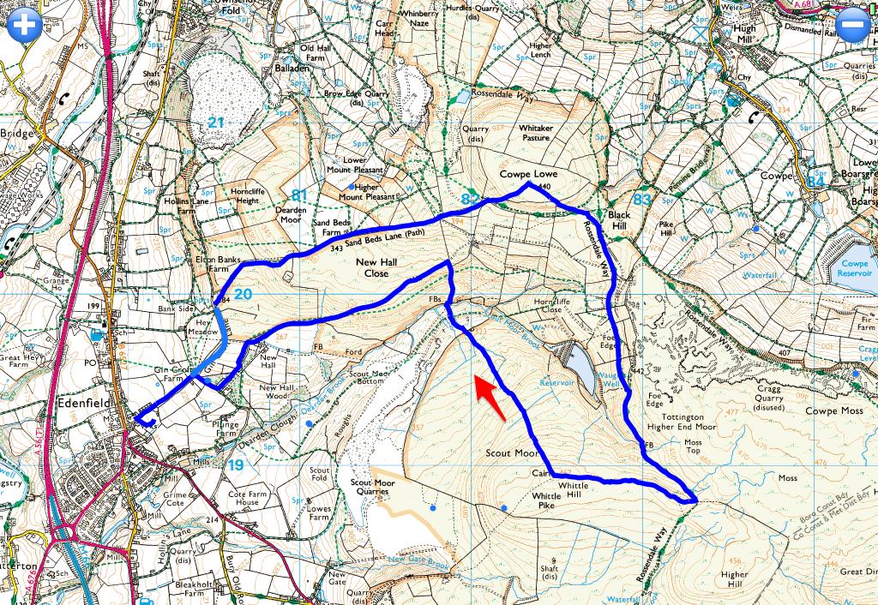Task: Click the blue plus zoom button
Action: [x=25, y=24]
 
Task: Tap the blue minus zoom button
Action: [x=854, y=24]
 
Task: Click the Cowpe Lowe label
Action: [x=529, y=174]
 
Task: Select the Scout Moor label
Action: [x=511, y=452]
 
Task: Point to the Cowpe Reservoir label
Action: [x=855, y=269]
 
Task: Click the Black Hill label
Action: [x=618, y=220]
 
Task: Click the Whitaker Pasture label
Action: [x=536, y=133]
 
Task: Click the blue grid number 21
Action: [x=215, y=123]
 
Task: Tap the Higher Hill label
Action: [x=735, y=580]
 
